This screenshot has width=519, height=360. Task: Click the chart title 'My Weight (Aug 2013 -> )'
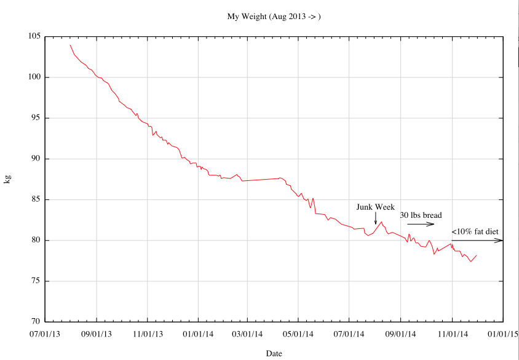[274, 17]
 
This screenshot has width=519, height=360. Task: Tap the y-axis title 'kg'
[7, 179]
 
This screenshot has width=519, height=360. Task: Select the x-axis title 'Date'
[274, 353]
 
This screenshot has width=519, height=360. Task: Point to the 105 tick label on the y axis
[34, 36]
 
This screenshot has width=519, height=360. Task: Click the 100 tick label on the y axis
[34, 77]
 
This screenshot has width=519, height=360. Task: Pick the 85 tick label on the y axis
[36, 199]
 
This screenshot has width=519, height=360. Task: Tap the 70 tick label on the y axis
[36, 322]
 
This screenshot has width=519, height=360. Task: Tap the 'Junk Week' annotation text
[375, 207]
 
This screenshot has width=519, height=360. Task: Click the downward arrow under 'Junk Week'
[376, 218]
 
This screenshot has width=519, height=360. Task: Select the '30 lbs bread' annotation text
[421, 215]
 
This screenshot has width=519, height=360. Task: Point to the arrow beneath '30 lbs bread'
[421, 225]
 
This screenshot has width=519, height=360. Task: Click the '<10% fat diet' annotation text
[475, 232]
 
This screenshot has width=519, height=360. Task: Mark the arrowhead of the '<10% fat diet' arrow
[502, 240]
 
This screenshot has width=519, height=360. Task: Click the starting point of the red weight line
[70, 45]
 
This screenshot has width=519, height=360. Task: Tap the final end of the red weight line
[477, 255]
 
